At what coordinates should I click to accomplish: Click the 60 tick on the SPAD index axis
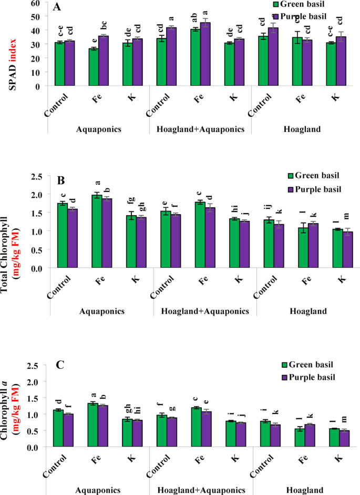36,3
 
